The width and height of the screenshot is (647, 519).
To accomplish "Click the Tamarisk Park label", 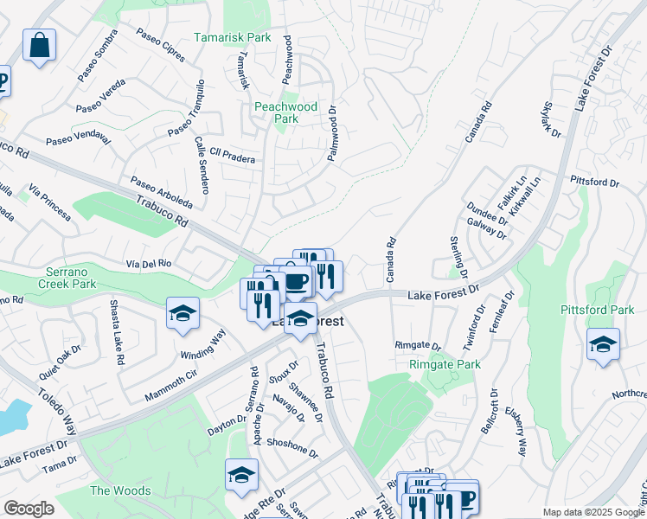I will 233,37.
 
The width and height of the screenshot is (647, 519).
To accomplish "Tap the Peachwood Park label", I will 286,112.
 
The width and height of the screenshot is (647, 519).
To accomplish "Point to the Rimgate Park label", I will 444,364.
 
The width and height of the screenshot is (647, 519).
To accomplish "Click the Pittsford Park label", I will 598,310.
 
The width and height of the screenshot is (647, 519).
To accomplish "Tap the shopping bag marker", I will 40,45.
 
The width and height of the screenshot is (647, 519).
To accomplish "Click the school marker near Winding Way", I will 183,313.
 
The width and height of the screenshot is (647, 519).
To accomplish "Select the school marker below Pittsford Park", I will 603,343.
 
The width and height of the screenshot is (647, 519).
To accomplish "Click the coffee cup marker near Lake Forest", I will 297,281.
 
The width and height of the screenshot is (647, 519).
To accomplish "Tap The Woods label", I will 120,490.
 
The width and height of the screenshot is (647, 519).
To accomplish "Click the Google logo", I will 29,509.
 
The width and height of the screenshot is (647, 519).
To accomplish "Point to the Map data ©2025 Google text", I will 593,512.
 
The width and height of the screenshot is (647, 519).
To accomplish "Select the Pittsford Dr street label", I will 595,183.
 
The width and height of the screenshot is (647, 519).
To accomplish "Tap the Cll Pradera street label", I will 232,158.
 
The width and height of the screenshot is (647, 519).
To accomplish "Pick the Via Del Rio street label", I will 151,263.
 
